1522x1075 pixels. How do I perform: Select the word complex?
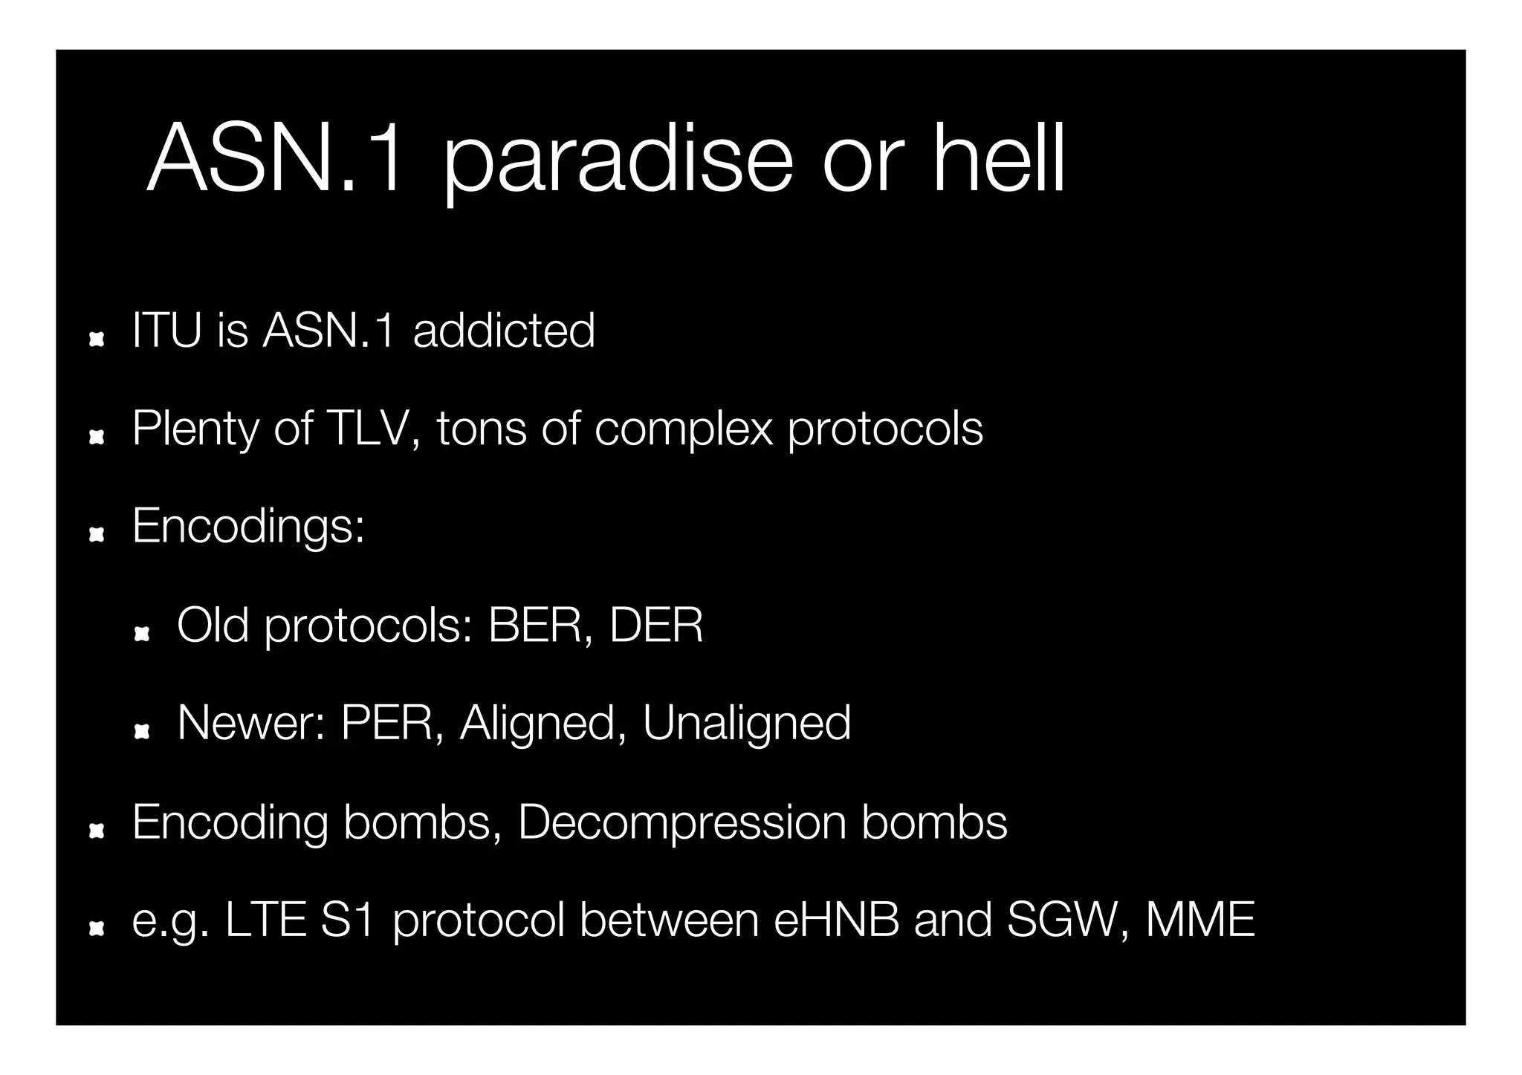[x=683, y=430]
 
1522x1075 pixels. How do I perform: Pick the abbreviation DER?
[x=656, y=625]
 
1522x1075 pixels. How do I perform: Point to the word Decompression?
[x=681, y=823]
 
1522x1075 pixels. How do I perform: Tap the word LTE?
[x=265, y=920]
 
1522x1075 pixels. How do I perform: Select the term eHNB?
[x=836, y=920]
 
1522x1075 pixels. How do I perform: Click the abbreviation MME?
[x=1200, y=920]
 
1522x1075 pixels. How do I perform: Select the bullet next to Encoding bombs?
[x=95, y=831]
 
